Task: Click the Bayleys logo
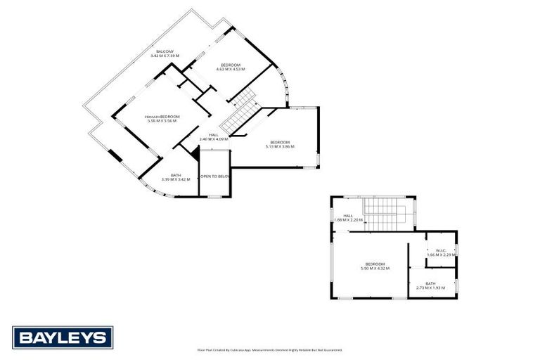click(62, 337)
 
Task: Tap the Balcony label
click(165, 51)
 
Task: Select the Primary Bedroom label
click(162, 117)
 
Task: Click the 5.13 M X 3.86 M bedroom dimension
click(280, 146)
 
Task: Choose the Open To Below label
click(214, 176)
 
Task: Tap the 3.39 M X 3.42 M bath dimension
click(176, 179)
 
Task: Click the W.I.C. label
click(442, 250)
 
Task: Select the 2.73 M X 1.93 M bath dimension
click(430, 288)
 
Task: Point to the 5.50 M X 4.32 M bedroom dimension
click(375, 268)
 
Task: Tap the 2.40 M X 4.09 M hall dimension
click(214, 139)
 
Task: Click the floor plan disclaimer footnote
click(269, 349)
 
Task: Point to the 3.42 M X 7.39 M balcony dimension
click(165, 56)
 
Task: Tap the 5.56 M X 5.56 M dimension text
click(162, 121)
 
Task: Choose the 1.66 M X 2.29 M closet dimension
click(442, 255)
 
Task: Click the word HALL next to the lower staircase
click(347, 217)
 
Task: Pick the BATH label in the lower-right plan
click(430, 283)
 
